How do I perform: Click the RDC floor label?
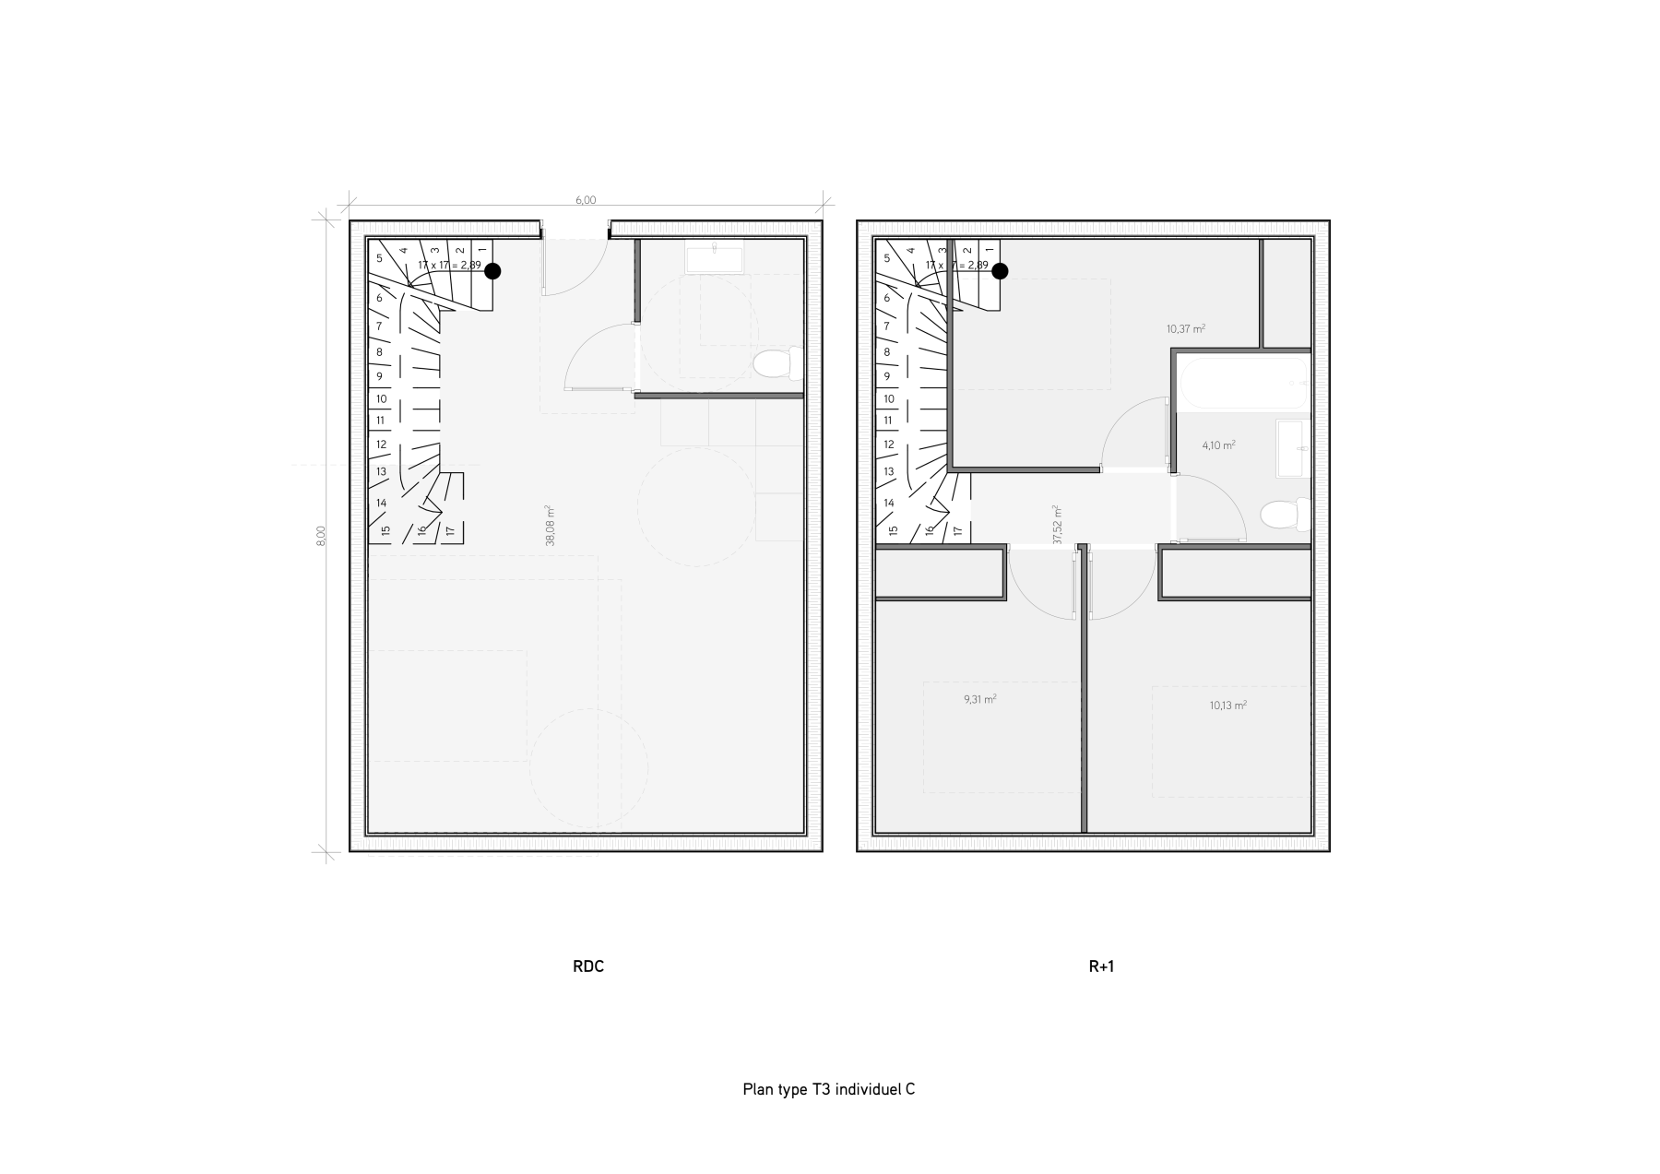pyautogui.click(x=588, y=966)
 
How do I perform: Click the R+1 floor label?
pyautogui.click(x=1101, y=966)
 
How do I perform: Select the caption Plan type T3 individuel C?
pyautogui.click(x=828, y=1089)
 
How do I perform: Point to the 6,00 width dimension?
pyautogui.click(x=586, y=200)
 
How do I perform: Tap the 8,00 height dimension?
pyautogui.click(x=321, y=536)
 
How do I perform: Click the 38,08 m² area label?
pyautogui.click(x=550, y=526)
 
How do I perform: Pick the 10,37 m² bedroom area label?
pyautogui.click(x=1186, y=328)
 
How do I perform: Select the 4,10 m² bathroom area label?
pyautogui.click(x=1218, y=445)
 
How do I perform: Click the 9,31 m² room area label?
pyautogui.click(x=979, y=699)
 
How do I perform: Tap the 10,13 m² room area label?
pyautogui.click(x=1228, y=706)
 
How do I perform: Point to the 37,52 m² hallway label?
pyautogui.click(x=1057, y=525)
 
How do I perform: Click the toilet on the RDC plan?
pyautogui.click(x=777, y=364)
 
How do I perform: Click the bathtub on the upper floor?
pyautogui.click(x=1242, y=385)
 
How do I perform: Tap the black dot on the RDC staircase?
pyautogui.click(x=492, y=271)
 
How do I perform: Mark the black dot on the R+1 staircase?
pyautogui.click(x=1000, y=271)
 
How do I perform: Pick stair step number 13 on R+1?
pyautogui.click(x=889, y=471)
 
